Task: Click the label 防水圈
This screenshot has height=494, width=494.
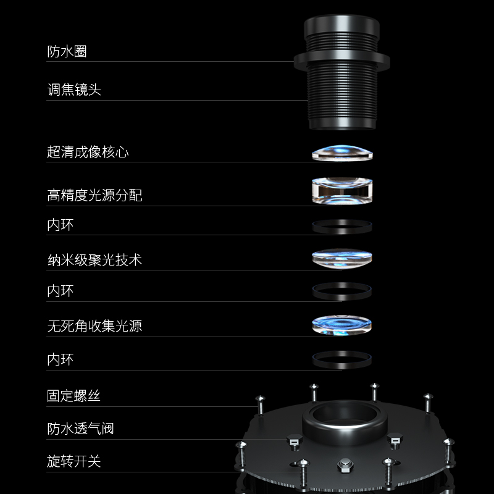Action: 67,52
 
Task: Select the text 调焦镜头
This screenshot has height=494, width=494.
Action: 73,90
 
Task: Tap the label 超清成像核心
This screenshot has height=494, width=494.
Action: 88,152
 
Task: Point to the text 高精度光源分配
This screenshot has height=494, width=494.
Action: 94,196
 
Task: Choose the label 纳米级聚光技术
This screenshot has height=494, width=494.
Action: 94,260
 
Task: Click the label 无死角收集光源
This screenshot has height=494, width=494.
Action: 94,325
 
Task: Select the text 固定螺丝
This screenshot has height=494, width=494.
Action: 73,396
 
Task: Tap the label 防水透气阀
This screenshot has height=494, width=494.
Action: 80,429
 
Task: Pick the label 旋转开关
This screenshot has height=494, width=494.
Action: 73,461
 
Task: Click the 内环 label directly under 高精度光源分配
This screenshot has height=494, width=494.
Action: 60,225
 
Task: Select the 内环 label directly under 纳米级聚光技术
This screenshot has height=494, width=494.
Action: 60,291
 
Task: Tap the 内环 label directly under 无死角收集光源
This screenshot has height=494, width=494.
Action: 60,359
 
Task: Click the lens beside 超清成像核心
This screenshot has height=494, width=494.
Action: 341,153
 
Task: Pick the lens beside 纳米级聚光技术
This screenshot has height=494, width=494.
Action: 341,258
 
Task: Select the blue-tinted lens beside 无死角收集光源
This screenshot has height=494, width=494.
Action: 341,325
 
